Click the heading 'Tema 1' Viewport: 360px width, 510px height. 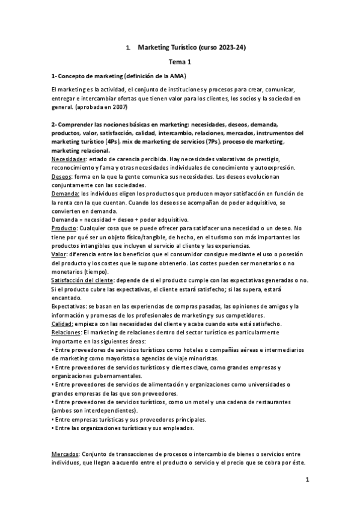pos(180,61)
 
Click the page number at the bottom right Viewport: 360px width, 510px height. pos(307,480)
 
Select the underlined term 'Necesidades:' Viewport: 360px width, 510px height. pos(69,159)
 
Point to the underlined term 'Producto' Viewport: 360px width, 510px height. pos(64,229)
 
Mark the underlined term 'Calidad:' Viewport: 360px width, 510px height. pos(63,324)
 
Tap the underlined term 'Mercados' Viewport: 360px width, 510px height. pos(66,454)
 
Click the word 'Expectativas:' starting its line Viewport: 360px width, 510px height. pos(69,306)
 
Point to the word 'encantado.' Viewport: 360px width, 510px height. pos(66,298)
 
